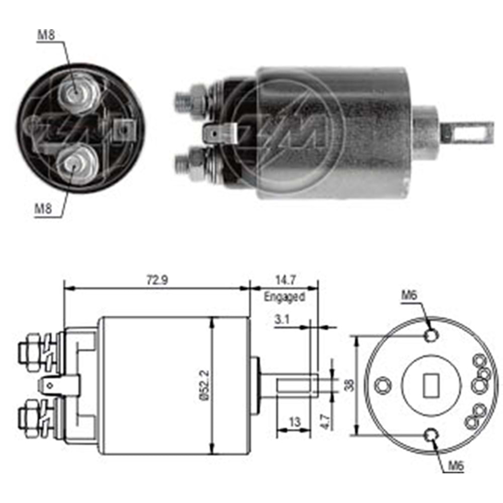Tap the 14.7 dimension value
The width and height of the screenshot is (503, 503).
tap(284, 279)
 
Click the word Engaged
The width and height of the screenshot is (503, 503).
tap(285, 297)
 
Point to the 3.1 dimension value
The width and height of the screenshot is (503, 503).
tap(283, 320)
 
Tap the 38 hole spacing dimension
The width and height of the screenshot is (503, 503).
tap(349, 385)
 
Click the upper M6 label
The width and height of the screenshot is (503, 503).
tap(409, 296)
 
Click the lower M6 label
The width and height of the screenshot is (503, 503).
tap(455, 466)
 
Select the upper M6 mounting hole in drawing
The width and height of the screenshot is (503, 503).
tap(431, 336)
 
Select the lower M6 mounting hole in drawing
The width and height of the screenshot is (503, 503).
tap(432, 435)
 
